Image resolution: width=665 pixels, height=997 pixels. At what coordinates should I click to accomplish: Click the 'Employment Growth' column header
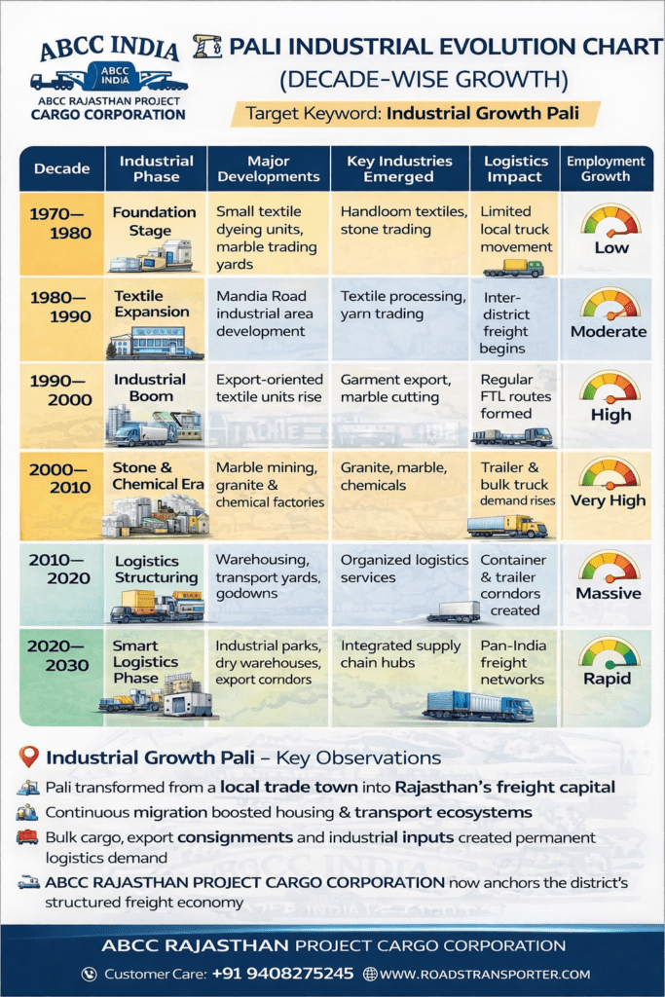(606, 168)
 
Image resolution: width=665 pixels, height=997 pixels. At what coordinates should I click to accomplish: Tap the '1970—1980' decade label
(60, 223)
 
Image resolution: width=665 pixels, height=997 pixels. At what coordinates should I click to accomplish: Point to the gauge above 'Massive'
(610, 567)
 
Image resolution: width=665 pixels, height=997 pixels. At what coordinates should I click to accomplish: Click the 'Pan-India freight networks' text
(513, 663)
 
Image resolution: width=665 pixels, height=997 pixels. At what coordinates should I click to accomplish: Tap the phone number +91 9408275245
(293, 974)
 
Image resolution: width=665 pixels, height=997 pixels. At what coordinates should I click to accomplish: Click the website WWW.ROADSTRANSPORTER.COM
(484, 974)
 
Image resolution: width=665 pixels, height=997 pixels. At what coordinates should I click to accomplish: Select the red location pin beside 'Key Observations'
(29, 757)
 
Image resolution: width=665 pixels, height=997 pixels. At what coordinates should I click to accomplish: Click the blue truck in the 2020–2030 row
(478, 705)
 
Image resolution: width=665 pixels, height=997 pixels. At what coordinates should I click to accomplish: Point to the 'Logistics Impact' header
(514, 168)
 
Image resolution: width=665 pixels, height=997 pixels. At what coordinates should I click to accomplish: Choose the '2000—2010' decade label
(60, 478)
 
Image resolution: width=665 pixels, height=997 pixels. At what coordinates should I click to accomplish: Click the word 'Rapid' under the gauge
(608, 679)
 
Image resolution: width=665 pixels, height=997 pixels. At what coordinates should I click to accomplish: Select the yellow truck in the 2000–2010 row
(506, 526)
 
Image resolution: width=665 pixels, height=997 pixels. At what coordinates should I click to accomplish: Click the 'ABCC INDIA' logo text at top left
(108, 49)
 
